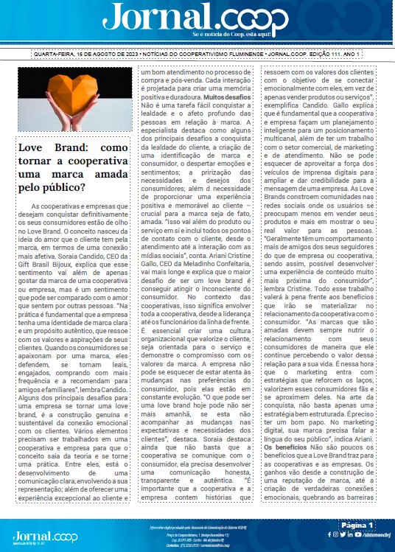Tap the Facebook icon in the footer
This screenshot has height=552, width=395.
(x=328, y=534)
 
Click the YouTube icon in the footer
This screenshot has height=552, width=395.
(x=343, y=534)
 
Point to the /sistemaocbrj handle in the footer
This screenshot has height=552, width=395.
(x=372, y=534)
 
